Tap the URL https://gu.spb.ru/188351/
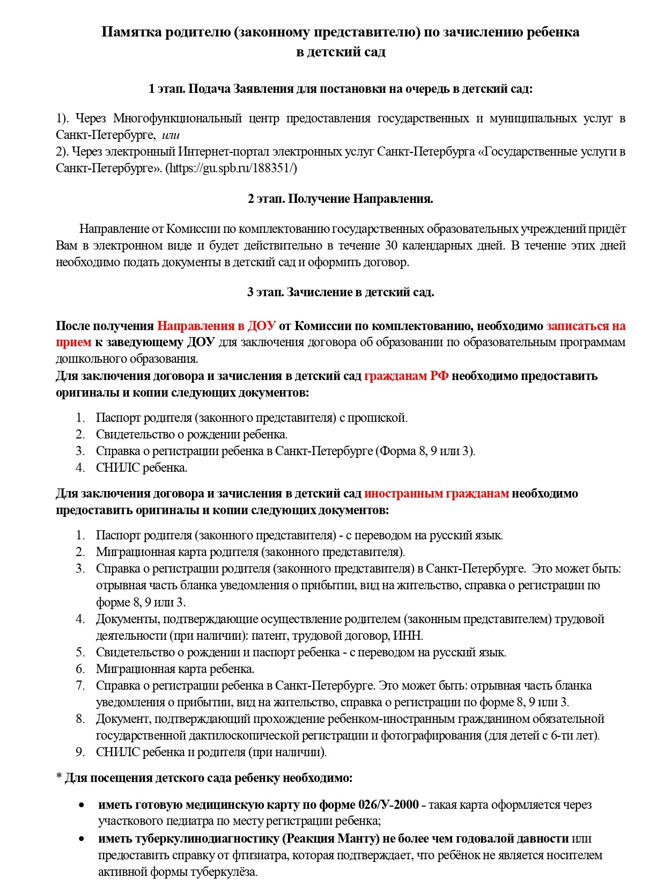pos(231,168)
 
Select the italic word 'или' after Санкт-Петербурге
pos(171,135)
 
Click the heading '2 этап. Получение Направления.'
pos(340,199)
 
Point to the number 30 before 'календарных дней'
pos(391,245)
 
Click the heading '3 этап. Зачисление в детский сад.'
pos(340,292)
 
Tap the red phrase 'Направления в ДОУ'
pos(216,326)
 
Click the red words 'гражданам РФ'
pos(406,376)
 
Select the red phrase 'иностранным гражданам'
pos(436,493)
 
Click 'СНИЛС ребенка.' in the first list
pos(142,467)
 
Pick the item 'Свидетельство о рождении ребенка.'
pos(191,434)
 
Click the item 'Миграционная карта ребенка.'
pos(175,669)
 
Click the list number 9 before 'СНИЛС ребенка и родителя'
pos(80,752)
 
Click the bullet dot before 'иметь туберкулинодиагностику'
pos(82,838)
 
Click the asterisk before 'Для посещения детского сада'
pos(59,777)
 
